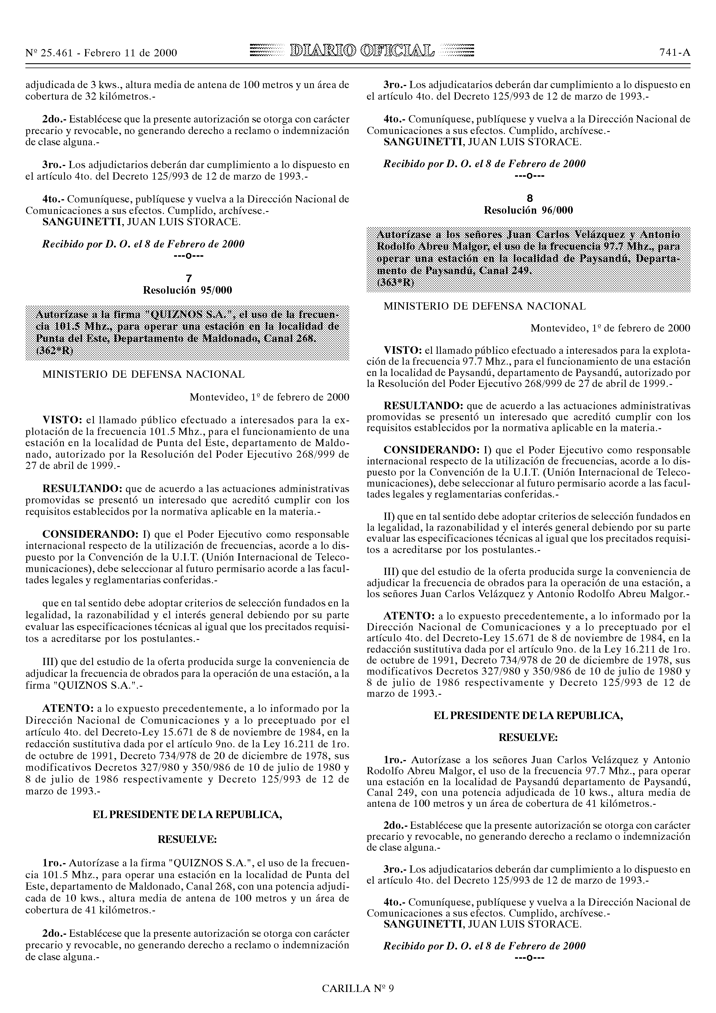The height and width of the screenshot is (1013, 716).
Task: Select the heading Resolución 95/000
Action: click(x=187, y=290)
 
